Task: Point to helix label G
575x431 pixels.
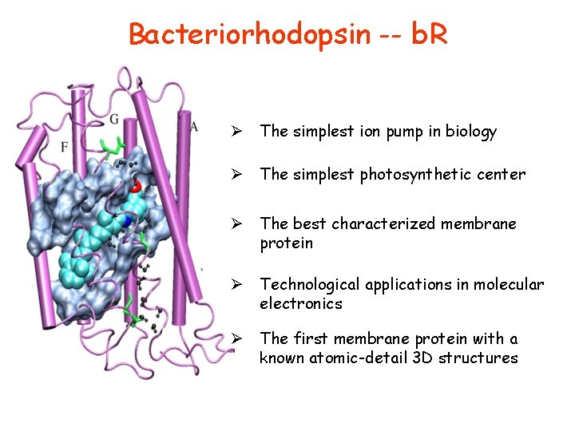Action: pos(114,120)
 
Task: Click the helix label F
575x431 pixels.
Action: pos(64,147)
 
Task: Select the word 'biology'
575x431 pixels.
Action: pos(471,132)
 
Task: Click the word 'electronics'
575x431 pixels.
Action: pos(300,304)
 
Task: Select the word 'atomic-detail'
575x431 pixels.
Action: pos(354,358)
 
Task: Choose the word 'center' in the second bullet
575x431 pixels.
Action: pos(502,174)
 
